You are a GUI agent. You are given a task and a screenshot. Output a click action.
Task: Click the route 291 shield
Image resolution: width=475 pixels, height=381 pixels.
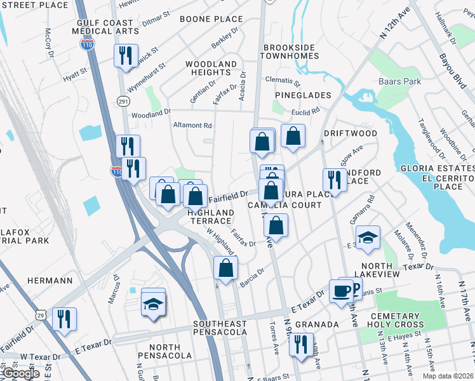[x=123, y=101]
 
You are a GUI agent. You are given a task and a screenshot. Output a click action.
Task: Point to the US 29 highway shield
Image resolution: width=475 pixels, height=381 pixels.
[x=41, y=316]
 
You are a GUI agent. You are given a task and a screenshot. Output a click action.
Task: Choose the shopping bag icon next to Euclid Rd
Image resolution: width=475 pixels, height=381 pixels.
[x=293, y=136]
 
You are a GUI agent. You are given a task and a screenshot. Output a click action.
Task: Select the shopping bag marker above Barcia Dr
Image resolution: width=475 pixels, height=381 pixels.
[x=226, y=268]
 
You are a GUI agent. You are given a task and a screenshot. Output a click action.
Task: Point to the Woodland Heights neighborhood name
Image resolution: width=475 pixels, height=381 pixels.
[x=211, y=69]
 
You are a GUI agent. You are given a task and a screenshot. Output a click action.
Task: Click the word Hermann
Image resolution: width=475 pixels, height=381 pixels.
[x=54, y=280]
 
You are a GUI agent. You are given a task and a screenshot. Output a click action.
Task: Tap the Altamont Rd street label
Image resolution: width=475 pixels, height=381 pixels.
[x=192, y=126]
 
